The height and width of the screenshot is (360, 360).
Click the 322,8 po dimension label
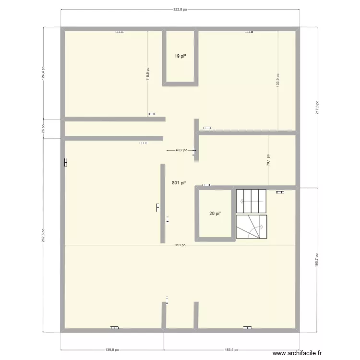tap(180, 9)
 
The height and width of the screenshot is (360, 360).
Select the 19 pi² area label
tap(180, 56)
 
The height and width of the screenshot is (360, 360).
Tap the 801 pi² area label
tap(179, 182)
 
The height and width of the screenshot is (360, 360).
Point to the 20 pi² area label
tap(215, 214)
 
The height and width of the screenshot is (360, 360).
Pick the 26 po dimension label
tap(43, 128)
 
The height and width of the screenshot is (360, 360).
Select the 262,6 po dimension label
tap(43, 235)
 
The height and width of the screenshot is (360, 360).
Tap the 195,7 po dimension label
tap(317, 260)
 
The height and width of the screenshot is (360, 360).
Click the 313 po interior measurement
tap(180, 245)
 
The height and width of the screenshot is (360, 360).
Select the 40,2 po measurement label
tap(181, 150)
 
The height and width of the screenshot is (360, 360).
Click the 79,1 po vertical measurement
tap(268, 160)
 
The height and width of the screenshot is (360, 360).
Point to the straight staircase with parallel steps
tap(251, 201)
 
